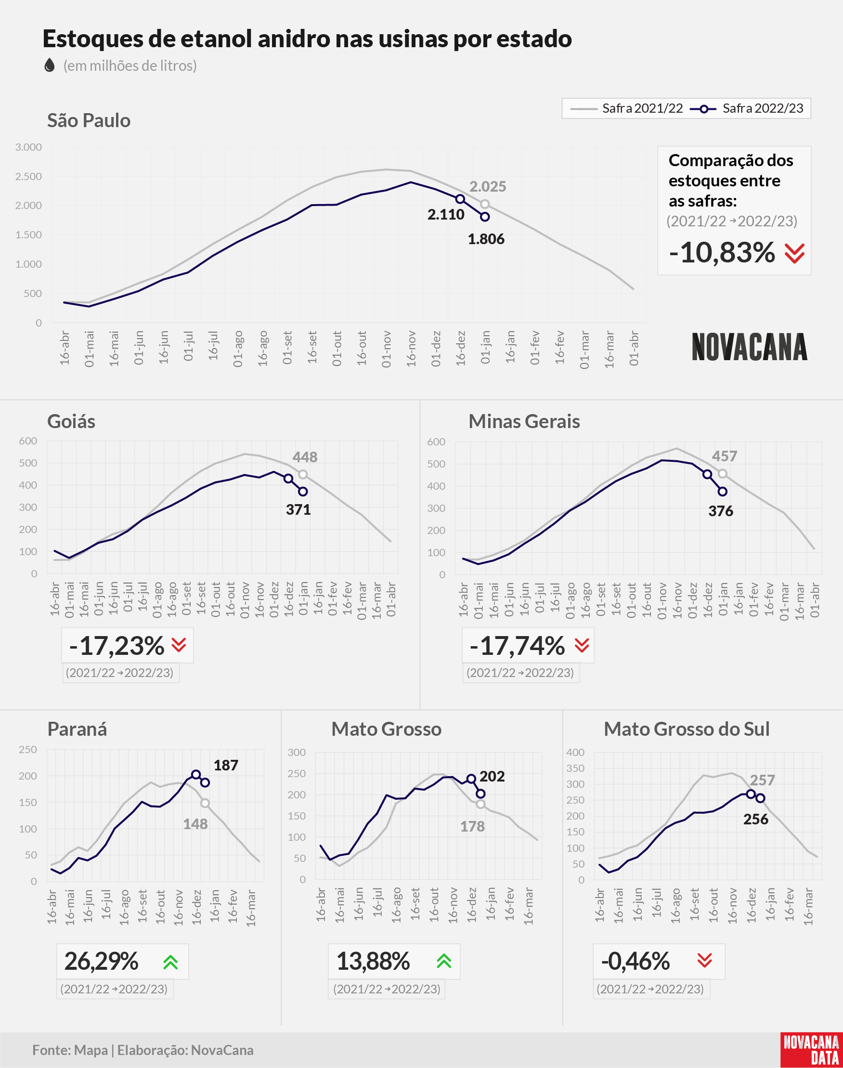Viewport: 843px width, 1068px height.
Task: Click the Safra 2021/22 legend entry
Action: pos(626,108)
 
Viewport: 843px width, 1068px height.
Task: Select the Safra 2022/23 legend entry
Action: pos(747,108)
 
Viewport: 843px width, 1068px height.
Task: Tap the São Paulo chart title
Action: pos(89,120)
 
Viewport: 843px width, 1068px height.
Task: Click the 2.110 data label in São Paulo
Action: pos(446,215)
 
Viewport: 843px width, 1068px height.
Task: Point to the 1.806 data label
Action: pos(486,239)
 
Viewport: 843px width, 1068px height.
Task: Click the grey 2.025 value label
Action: pos(488,186)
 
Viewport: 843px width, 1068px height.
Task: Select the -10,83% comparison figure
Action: pos(722,253)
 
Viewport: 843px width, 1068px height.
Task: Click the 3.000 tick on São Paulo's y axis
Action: pos(28,147)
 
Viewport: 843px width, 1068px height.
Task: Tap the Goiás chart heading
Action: pos(71,421)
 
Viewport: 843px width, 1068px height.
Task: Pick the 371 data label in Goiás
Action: pos(298,509)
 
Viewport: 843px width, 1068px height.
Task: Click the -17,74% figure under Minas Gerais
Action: pos(517,646)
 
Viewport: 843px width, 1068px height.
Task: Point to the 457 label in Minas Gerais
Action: pos(725,456)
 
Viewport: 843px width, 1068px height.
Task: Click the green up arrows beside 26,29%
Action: pos(171,962)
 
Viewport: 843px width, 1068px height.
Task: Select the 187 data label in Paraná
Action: pos(226,765)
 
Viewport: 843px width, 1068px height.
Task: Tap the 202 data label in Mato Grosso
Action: pos(492,776)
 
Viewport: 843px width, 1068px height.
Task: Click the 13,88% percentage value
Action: pos(373,961)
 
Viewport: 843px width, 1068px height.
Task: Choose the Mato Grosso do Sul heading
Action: pos(687,729)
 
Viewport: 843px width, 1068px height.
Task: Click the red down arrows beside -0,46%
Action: pos(705,960)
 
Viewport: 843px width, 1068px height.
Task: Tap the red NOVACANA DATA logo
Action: pos(811,1050)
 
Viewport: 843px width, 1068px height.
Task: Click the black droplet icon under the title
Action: pos(50,65)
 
